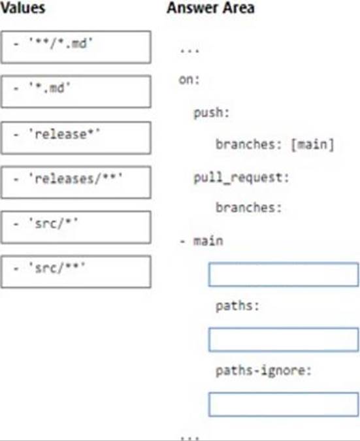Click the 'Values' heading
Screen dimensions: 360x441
[22, 8]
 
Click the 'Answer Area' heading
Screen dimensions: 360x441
[210, 8]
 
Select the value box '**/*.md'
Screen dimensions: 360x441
[76, 47]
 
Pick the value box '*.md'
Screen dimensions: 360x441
[76, 91]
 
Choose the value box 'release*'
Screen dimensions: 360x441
[76, 138]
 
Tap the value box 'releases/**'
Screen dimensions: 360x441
[76, 182]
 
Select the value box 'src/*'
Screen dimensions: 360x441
[76, 227]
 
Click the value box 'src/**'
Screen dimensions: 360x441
[76, 272]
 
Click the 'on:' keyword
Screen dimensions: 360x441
[189, 80]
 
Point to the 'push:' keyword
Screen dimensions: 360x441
[212, 113]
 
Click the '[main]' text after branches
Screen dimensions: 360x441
[312, 144]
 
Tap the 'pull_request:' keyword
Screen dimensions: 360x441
[241, 178]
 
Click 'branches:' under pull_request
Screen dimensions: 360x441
[249, 208]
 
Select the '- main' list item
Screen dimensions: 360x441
[201, 241]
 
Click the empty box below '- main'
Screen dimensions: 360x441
[284, 274]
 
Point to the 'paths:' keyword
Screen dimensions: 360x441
[237, 306]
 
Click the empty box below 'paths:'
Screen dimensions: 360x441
[284, 340]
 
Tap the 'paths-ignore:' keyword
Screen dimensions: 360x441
[263, 370]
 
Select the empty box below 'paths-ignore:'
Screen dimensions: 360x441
[284, 404]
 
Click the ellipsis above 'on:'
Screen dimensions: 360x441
[189, 51]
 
